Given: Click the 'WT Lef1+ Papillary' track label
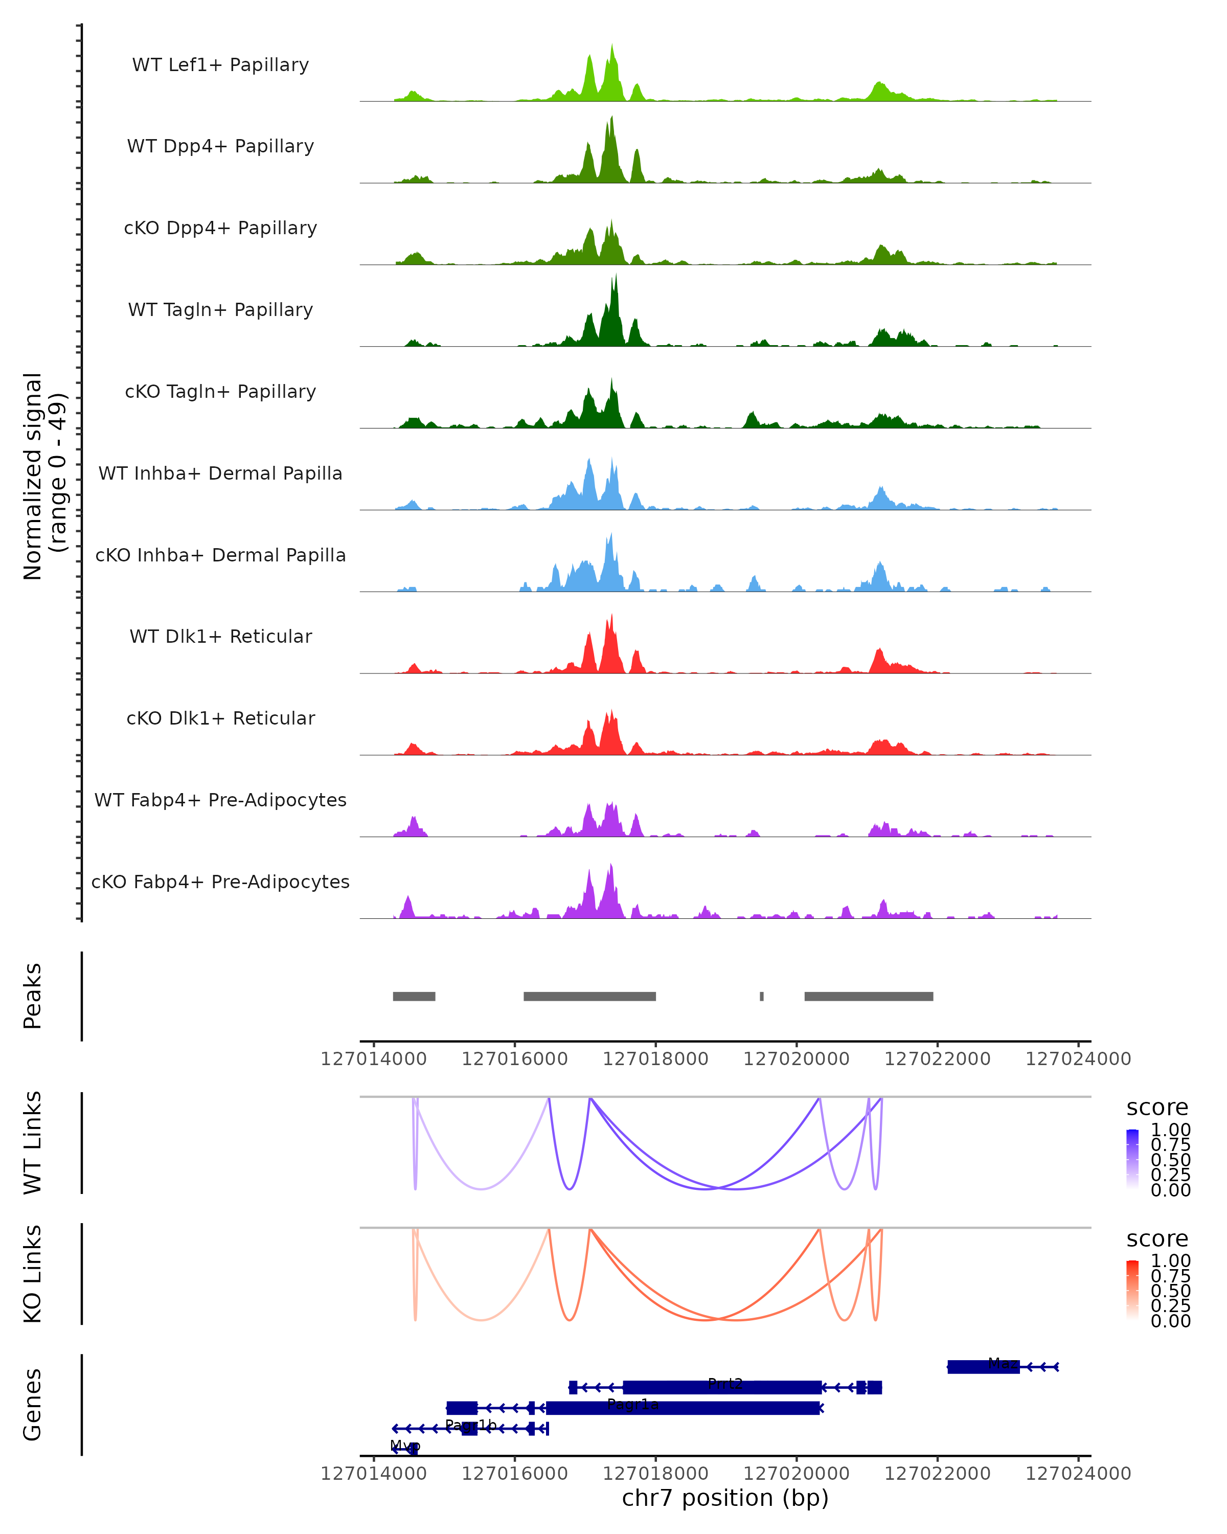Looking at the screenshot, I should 220,65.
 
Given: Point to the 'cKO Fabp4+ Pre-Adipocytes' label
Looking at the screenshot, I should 220,882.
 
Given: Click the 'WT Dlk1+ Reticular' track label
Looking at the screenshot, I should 220,636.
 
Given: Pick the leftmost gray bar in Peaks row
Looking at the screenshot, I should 414,996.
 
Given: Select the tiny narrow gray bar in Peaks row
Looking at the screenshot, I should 762,996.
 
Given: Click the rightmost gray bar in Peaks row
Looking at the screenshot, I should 869,996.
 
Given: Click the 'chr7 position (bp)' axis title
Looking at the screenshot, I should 725,1498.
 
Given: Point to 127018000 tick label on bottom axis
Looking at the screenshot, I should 655,1473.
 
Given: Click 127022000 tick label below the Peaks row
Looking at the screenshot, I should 937,1059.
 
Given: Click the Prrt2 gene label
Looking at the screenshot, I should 725,1384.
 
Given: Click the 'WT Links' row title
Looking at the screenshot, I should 33,1143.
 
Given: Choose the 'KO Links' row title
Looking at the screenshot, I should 33,1274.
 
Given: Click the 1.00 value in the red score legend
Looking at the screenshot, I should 1170,1260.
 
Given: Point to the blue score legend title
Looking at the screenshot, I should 1156,1107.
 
